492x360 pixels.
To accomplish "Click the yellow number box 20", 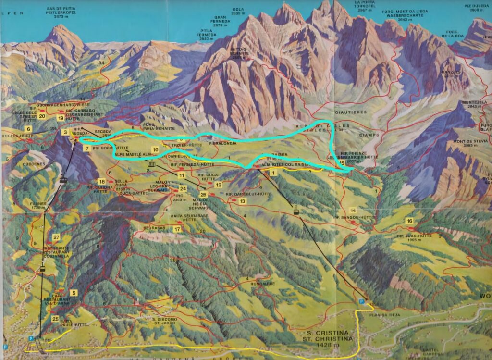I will pyautogui.click(x=42, y=116).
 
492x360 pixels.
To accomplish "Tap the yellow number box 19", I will pyautogui.click(x=61, y=118).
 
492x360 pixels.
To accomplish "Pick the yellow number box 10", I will pyautogui.click(x=155, y=150).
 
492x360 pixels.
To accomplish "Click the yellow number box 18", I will pyautogui.click(x=102, y=181).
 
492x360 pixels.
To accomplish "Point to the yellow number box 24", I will pyautogui.click(x=183, y=189).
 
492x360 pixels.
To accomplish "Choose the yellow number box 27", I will pyautogui.click(x=56, y=237).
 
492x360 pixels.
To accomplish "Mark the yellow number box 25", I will pyautogui.click(x=55, y=319).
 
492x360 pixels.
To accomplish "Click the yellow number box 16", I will pyautogui.click(x=409, y=221).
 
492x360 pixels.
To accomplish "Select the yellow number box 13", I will pyautogui.click(x=242, y=201).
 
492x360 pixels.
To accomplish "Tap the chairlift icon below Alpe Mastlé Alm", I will pyautogui.click(x=152, y=164).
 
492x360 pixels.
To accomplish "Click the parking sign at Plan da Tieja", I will pyautogui.click(x=361, y=301).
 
